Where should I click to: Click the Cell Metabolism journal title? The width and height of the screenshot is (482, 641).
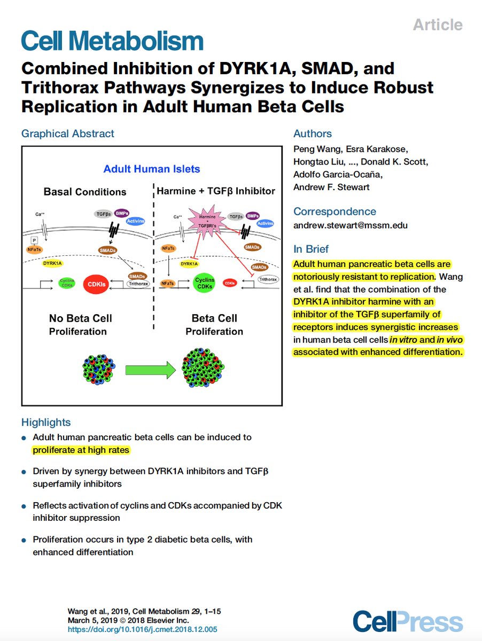(112, 41)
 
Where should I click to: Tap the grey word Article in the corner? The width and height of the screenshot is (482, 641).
(437, 25)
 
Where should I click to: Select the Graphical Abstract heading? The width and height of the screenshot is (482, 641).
(68, 134)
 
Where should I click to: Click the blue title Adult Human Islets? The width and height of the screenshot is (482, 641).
(152, 169)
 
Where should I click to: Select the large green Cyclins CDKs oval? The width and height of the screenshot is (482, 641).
(205, 283)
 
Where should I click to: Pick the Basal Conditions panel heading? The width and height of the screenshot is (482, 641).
(85, 192)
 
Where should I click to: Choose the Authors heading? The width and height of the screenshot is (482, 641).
(313, 134)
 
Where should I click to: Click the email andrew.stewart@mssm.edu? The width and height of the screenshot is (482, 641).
(350, 225)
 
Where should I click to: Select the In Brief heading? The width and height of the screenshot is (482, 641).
(311, 249)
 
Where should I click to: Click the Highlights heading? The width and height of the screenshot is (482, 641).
(46, 423)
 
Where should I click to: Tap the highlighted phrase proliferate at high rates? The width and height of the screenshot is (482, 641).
(81, 450)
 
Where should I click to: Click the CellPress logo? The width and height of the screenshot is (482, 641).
(408, 622)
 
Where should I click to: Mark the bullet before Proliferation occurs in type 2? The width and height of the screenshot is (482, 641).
(24, 541)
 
